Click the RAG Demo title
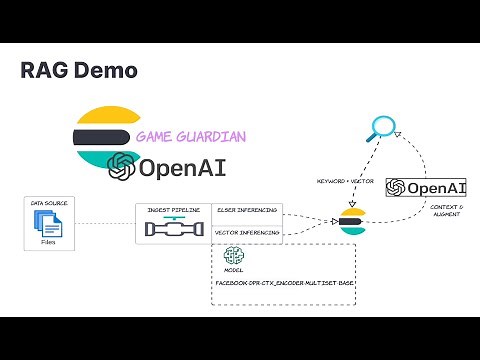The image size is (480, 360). (79, 71)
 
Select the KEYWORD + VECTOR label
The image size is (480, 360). (345, 181)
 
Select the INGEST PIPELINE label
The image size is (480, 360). (174, 210)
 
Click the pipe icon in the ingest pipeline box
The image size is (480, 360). (174, 230)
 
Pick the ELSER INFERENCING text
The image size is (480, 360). (247, 210)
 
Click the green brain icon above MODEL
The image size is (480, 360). (234, 257)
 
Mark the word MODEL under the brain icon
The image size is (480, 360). (234, 271)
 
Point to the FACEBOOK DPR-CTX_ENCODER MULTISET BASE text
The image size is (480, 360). (284, 284)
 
